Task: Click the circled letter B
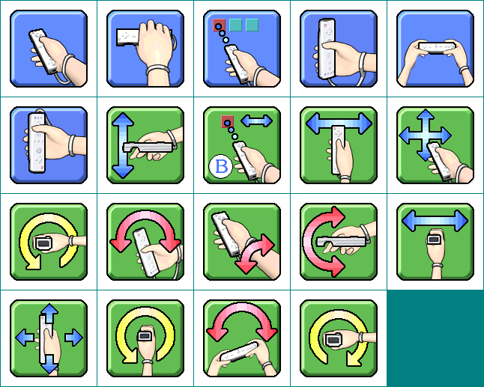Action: click(x=221, y=168)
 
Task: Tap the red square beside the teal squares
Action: click(x=219, y=25)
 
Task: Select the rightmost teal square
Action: click(x=252, y=25)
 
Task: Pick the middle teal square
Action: click(x=235, y=25)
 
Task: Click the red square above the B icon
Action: click(x=227, y=121)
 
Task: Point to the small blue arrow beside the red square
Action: click(x=256, y=121)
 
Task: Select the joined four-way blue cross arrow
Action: click(x=425, y=135)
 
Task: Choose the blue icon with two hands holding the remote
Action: click(x=435, y=49)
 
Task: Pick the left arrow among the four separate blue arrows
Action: click(x=23, y=338)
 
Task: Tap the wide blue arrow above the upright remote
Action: click(x=339, y=122)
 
